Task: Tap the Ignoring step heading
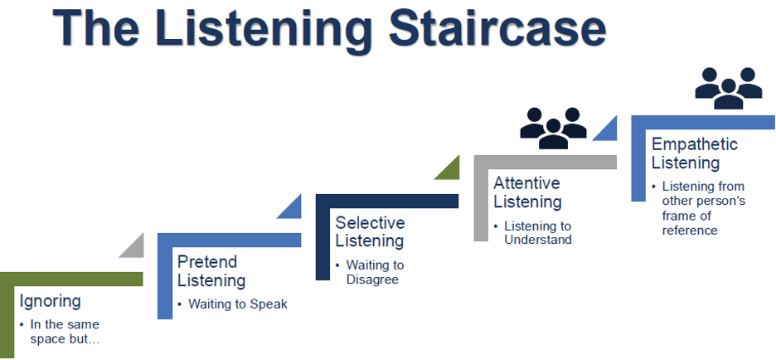click(50, 302)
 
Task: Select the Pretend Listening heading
click(211, 271)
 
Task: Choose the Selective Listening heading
click(370, 231)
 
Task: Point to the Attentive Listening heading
click(527, 192)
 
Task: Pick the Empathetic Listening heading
click(695, 153)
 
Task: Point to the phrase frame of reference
click(690, 223)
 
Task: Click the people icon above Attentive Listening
click(553, 129)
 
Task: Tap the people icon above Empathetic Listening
click(729, 88)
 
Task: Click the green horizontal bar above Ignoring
click(71, 280)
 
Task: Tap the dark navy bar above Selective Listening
click(387, 201)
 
